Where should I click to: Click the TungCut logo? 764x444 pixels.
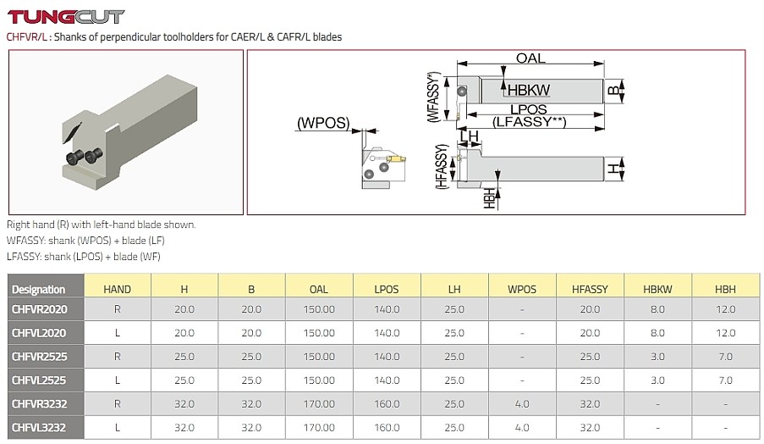[65, 16]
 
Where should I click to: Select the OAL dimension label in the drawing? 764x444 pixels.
[530, 58]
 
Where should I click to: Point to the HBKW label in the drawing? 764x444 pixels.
[530, 89]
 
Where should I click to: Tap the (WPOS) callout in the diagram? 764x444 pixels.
[322, 123]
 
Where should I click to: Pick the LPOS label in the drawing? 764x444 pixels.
[529, 109]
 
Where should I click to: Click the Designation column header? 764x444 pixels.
[39, 289]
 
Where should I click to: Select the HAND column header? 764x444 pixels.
[117, 289]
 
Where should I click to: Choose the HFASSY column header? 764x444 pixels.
[590, 289]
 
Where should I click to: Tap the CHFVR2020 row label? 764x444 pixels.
[39, 310]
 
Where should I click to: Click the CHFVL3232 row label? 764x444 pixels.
[39, 429]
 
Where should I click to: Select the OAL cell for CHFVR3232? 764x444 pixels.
[319, 405]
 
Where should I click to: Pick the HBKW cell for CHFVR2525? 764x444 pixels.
[657, 358]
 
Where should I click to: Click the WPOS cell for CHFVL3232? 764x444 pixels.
[522, 429]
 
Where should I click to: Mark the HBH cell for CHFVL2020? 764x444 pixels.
[725, 334]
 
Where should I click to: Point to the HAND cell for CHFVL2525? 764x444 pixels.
[117, 381]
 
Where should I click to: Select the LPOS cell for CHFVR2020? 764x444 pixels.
[387, 310]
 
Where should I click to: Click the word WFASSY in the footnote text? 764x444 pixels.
[24, 241]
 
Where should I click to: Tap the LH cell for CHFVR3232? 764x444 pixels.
[454, 405]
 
